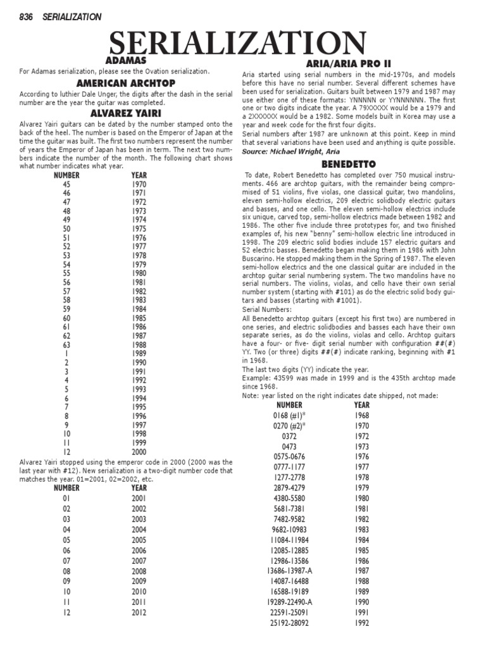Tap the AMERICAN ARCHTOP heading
125,84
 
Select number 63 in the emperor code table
66,344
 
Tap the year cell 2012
139,613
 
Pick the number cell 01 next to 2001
66,499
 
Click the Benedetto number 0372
289,436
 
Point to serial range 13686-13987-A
289,571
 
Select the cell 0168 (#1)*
289,415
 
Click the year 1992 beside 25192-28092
362,623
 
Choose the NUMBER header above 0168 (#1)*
289,405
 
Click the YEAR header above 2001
139,488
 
